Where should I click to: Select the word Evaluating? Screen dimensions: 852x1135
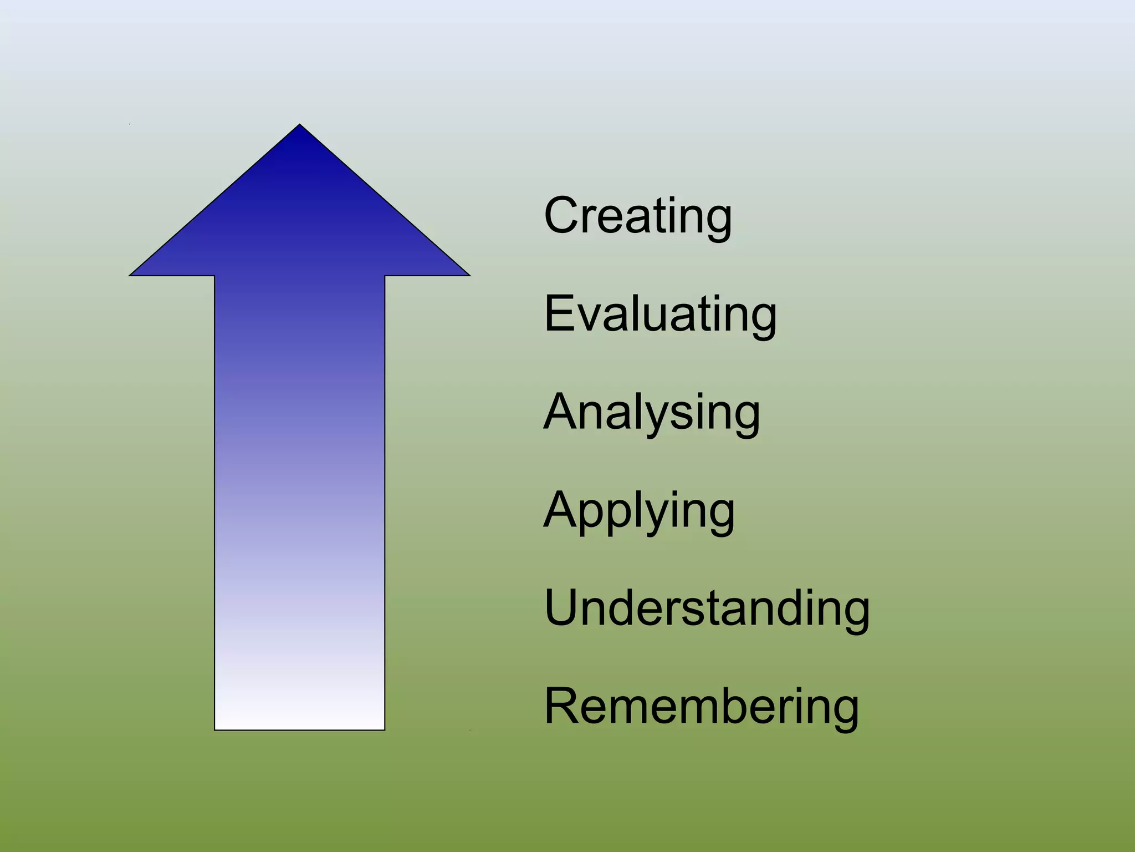pyautogui.click(x=660, y=314)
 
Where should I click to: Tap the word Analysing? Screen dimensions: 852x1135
pyautogui.click(x=652, y=412)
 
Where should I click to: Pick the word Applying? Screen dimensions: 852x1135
pyautogui.click(x=639, y=510)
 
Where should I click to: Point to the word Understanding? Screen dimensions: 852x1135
pyautogui.click(x=707, y=608)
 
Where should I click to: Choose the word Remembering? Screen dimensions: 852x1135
pyautogui.click(x=701, y=706)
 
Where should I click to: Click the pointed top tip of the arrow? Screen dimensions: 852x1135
pyautogui.click(x=300, y=125)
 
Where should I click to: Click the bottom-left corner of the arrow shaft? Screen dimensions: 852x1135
pyautogui.click(x=216, y=729)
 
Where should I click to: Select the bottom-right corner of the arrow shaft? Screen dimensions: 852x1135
pyautogui.click(x=384, y=729)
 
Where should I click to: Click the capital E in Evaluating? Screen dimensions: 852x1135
pyautogui.click(x=559, y=314)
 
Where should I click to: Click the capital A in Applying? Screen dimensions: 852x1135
pyautogui.click(x=560, y=510)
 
